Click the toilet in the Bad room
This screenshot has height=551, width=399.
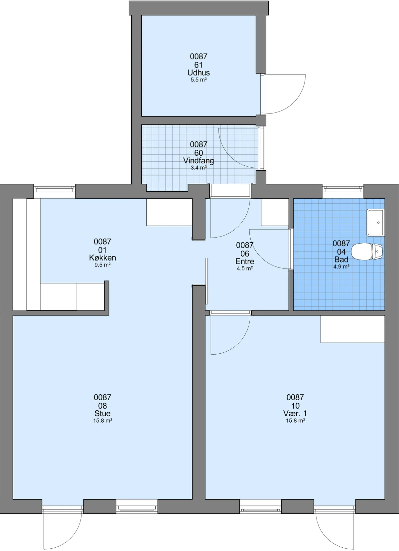click(367, 252)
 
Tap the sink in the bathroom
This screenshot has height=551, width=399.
click(375, 223)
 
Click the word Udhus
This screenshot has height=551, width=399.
click(199, 73)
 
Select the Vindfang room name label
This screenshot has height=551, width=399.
click(199, 161)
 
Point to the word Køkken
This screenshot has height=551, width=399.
click(102, 258)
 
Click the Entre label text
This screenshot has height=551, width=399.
click(245, 261)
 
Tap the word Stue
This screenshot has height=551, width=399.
click(102, 413)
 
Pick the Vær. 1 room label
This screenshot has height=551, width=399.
click(295, 413)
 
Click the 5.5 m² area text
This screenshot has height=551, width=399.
click(199, 80)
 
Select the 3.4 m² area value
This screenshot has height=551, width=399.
click(199, 168)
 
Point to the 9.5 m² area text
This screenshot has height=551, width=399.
click(102, 265)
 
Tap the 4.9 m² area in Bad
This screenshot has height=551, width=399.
click(341, 267)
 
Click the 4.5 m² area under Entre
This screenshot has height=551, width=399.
click(245, 269)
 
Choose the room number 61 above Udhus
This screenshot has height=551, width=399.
click(199, 65)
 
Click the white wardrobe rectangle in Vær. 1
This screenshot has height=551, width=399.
click(352, 329)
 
